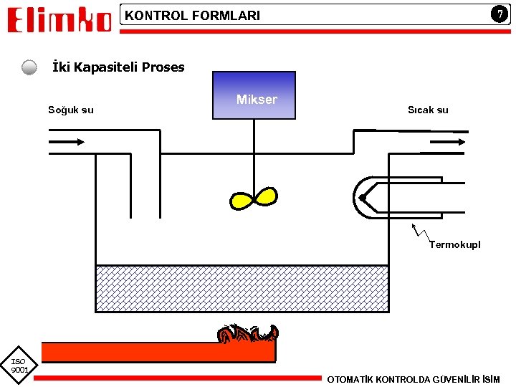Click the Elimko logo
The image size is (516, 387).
click(x=59, y=19)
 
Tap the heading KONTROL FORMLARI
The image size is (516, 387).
click(x=193, y=15)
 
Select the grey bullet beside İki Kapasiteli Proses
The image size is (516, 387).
click(x=29, y=68)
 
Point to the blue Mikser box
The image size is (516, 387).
click(x=254, y=95)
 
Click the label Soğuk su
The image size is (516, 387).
click(x=70, y=110)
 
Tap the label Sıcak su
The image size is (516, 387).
click(x=428, y=110)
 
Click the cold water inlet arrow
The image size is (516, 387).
click(x=66, y=142)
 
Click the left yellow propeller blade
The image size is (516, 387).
click(x=241, y=200)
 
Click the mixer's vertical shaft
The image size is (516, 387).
click(x=254, y=154)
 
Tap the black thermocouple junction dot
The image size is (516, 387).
click(x=363, y=198)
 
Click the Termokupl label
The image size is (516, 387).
click(x=455, y=244)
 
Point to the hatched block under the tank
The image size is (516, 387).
click(x=242, y=287)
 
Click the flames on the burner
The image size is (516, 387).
click(x=248, y=333)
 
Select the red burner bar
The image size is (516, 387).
click(x=158, y=352)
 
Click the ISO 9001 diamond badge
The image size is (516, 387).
click(x=19, y=364)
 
